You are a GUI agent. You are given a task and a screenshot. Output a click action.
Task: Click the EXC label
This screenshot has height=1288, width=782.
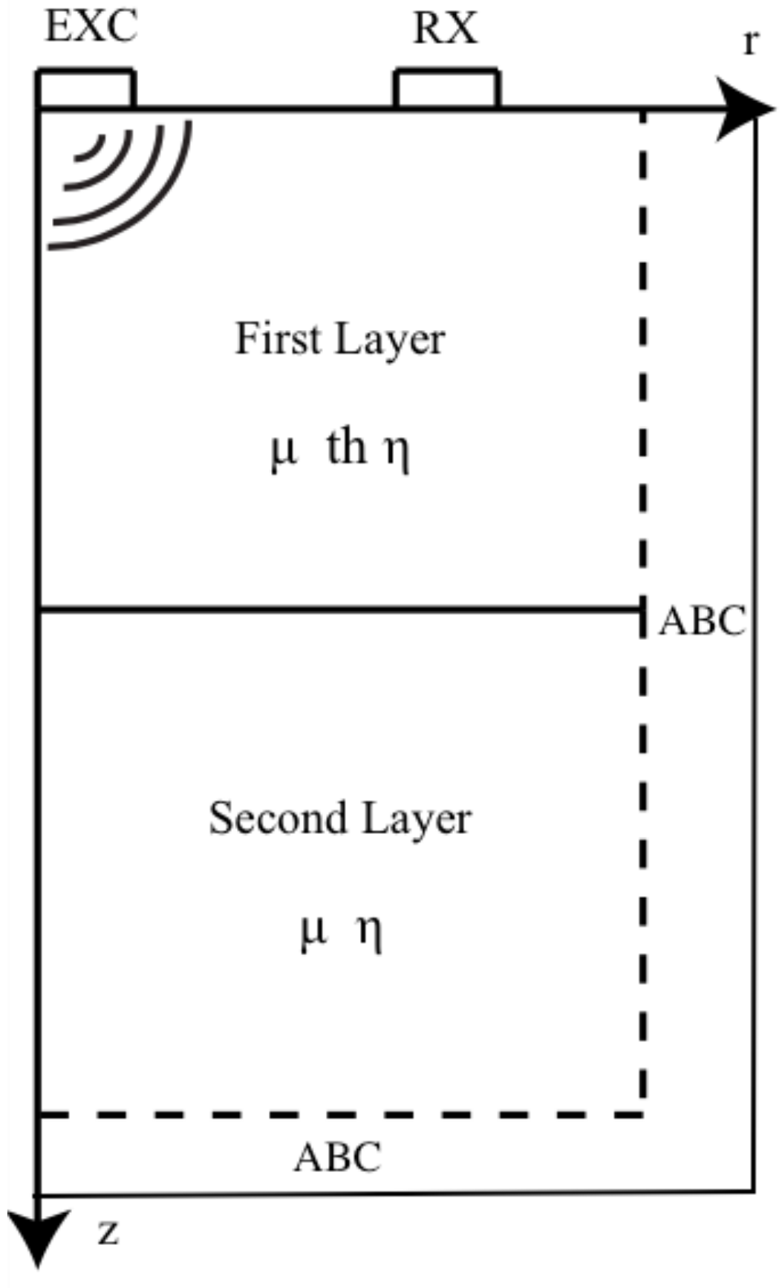(91, 28)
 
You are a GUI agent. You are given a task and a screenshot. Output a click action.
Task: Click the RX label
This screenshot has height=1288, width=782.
(445, 30)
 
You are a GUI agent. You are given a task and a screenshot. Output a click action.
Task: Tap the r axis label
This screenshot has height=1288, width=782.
(751, 43)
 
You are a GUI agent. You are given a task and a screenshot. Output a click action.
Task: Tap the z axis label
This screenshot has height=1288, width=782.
(108, 1232)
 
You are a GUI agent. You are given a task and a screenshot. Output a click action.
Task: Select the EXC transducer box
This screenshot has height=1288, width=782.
(87, 89)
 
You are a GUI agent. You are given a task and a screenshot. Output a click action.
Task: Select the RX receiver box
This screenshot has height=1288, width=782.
(446, 89)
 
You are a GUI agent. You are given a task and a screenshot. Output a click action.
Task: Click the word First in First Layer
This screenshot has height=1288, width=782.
(278, 339)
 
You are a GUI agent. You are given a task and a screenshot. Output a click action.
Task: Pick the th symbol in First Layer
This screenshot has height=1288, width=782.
(347, 447)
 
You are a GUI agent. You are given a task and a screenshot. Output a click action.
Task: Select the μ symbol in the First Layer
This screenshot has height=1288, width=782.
(283, 451)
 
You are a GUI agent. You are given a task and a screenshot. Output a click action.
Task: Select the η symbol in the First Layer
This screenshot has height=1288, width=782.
(397, 451)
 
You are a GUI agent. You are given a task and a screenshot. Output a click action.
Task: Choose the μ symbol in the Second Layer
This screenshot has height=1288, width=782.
(313, 931)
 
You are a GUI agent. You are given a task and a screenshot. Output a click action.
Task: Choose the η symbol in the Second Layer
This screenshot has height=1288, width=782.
(370, 932)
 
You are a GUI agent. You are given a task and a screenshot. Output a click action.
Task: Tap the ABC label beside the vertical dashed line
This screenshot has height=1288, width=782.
(702, 621)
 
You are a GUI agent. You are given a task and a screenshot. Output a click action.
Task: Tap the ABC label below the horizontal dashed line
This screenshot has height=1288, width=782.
(338, 1157)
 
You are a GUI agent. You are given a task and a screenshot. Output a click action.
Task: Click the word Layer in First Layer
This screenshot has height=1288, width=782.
(389, 340)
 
